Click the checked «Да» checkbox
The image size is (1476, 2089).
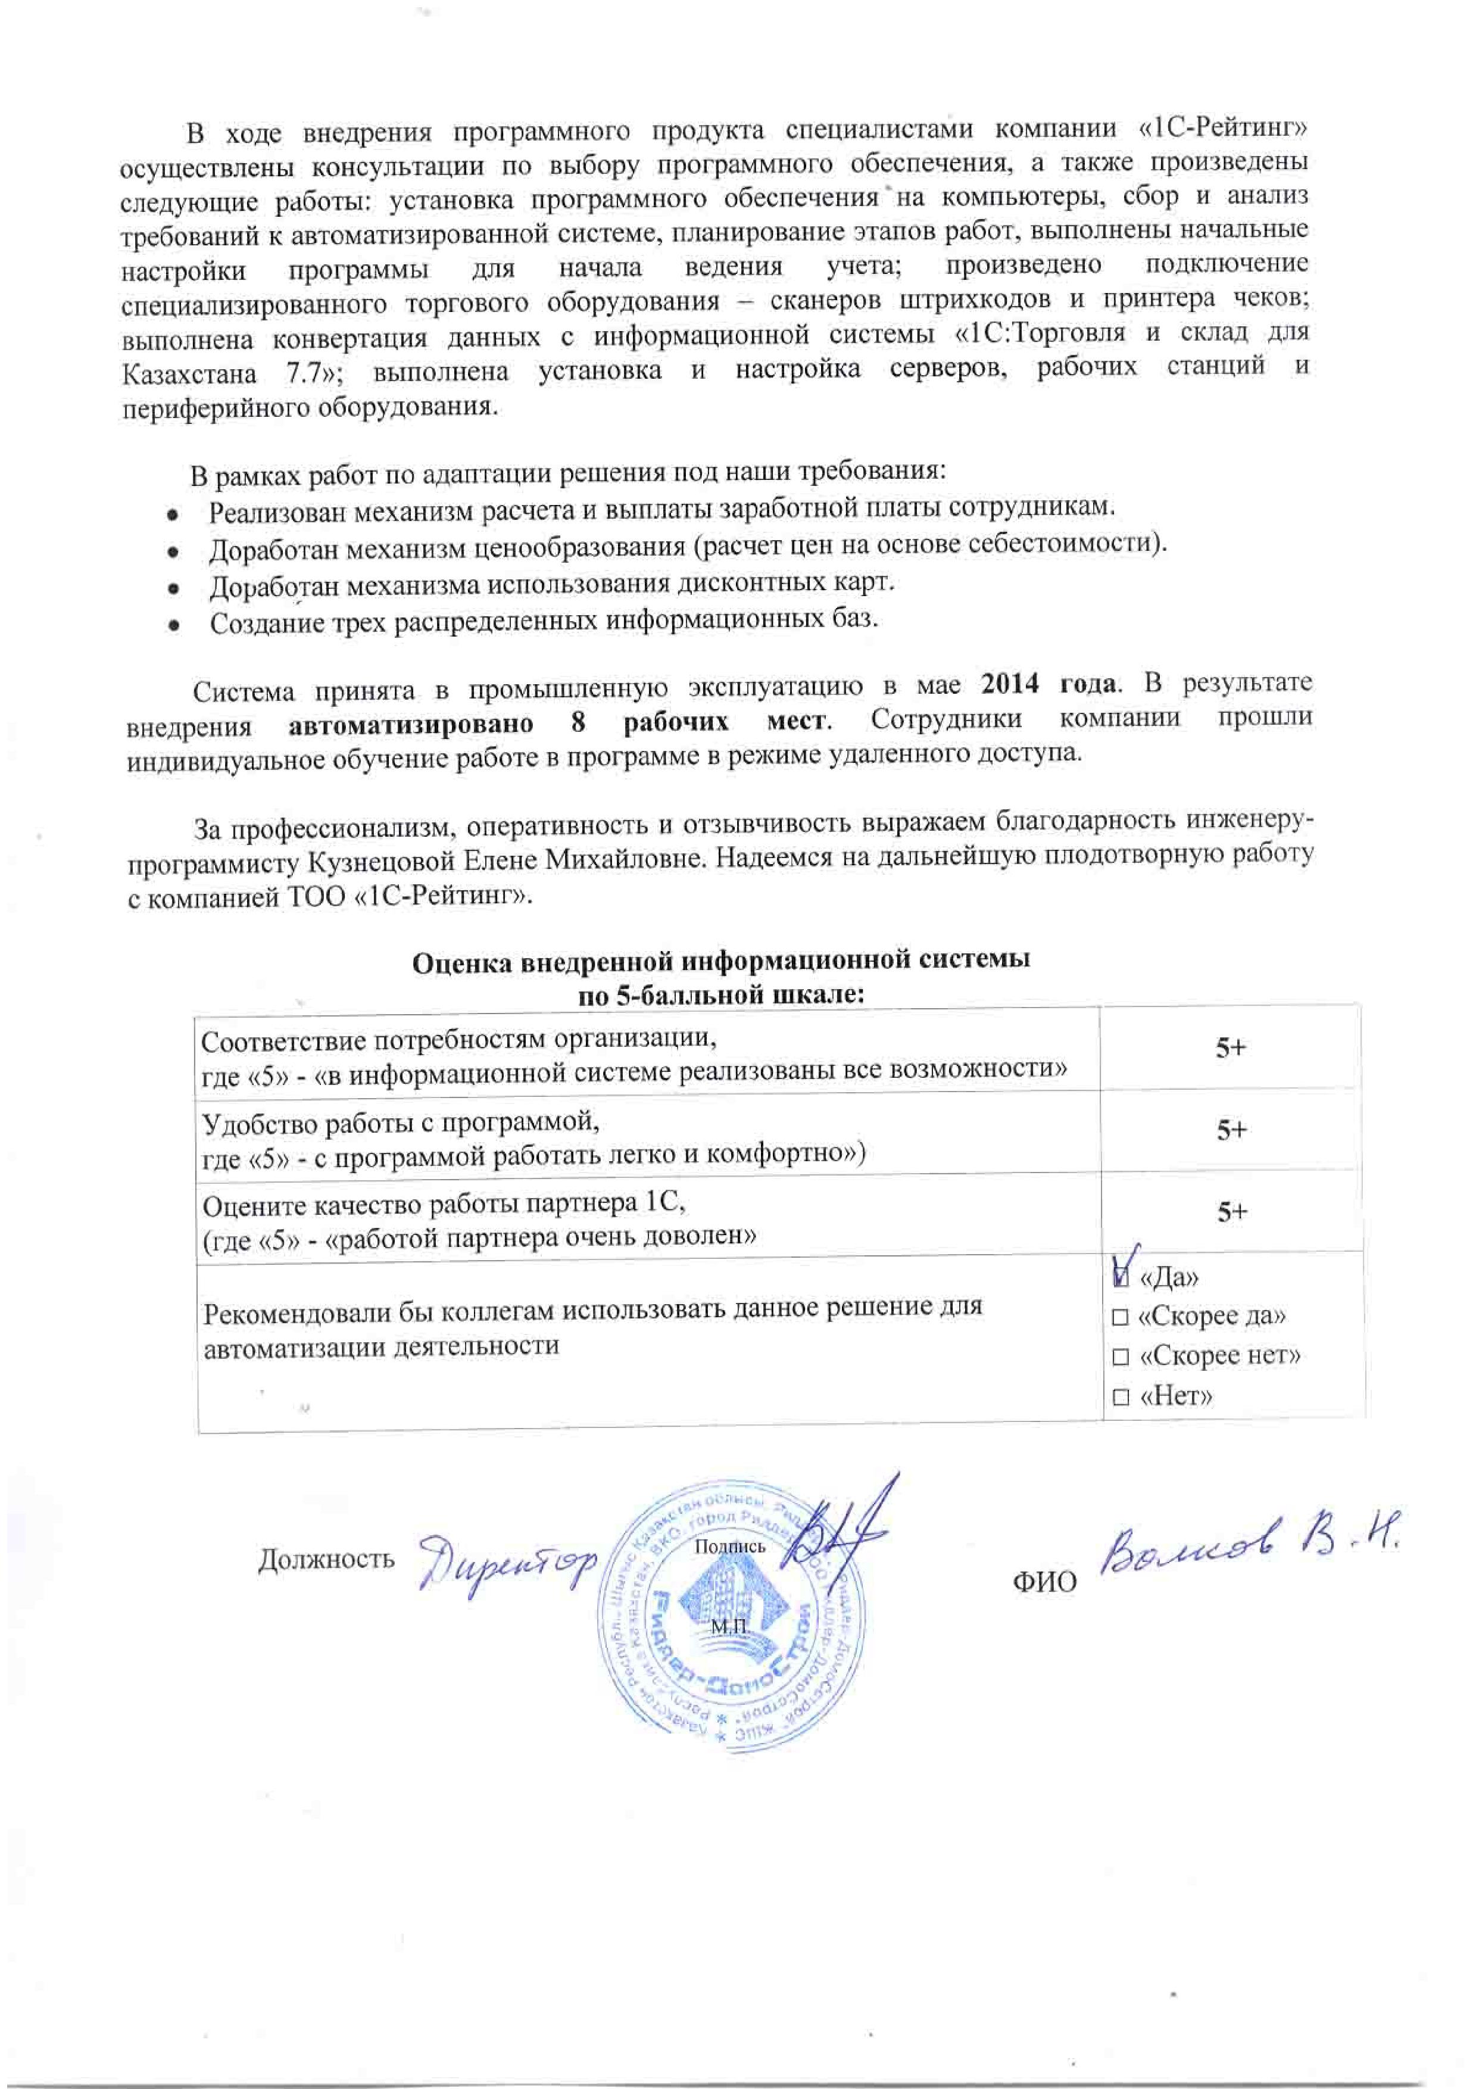pos(1121,1277)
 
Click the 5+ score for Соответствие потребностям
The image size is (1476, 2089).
pos(1231,1048)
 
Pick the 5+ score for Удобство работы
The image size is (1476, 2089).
pos(1231,1130)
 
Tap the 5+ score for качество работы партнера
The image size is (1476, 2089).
pos(1231,1212)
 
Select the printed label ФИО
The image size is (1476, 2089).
pos(1045,1581)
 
